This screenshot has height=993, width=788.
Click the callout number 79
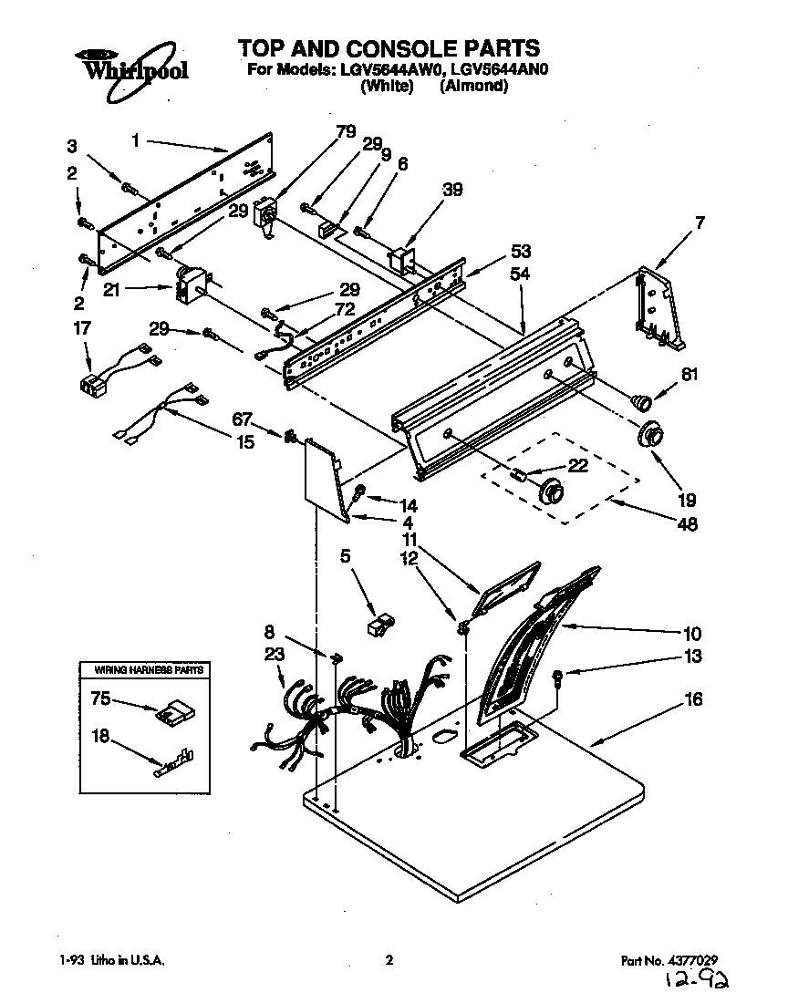point(345,132)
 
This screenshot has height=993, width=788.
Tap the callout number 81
point(690,372)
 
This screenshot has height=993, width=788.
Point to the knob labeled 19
point(650,435)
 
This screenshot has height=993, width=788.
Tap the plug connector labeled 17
point(92,385)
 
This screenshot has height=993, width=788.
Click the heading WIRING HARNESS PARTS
point(150,670)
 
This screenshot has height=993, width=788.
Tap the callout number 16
point(693,699)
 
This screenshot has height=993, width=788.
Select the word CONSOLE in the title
point(396,47)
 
